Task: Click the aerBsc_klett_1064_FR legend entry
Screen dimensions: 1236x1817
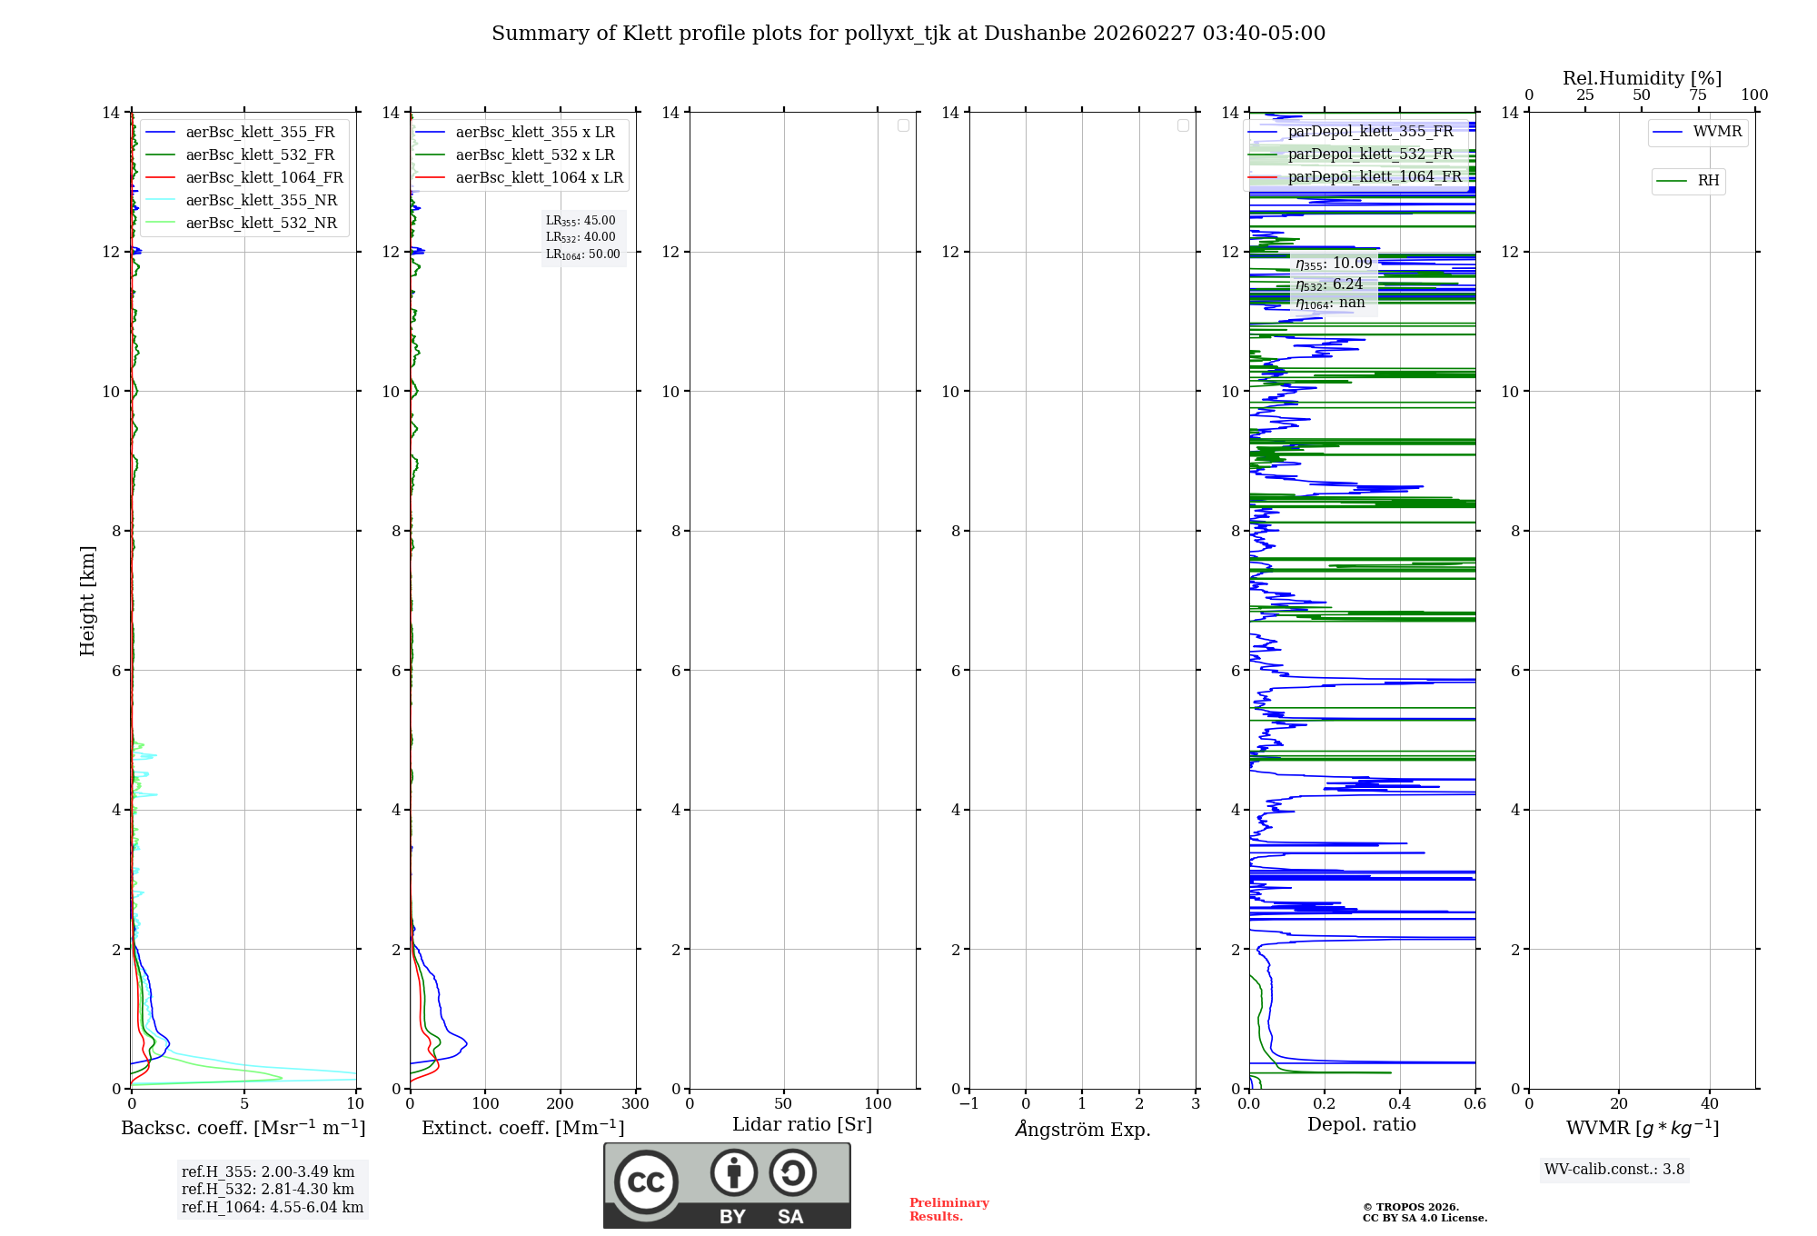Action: (263, 177)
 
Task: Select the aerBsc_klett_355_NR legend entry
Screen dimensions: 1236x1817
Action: (261, 200)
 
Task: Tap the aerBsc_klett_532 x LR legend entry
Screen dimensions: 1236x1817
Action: (534, 154)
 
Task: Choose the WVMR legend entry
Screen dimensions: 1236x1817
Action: (1716, 132)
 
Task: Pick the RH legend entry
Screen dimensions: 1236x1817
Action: (1707, 181)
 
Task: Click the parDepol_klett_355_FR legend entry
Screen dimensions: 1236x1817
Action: (1370, 131)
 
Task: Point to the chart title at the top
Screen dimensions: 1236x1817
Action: (908, 34)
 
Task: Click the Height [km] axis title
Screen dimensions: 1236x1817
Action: (87, 601)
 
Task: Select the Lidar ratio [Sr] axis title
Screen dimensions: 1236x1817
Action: (802, 1125)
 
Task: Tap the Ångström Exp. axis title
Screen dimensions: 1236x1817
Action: (1083, 1129)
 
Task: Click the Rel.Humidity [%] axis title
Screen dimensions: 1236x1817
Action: (1642, 78)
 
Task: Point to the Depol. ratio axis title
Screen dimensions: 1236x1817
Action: (1361, 1125)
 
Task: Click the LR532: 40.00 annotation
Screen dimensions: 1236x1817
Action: (581, 237)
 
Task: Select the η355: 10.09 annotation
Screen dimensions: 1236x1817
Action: (1334, 264)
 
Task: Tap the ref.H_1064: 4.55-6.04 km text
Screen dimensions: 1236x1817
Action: (272, 1207)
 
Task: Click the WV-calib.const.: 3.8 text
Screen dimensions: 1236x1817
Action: (1614, 1170)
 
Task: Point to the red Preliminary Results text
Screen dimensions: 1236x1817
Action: (948, 1210)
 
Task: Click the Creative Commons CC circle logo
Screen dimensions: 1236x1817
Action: (646, 1181)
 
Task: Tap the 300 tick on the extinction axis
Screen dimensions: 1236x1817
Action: (635, 1103)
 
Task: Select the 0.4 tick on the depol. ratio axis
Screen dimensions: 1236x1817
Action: (1400, 1103)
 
